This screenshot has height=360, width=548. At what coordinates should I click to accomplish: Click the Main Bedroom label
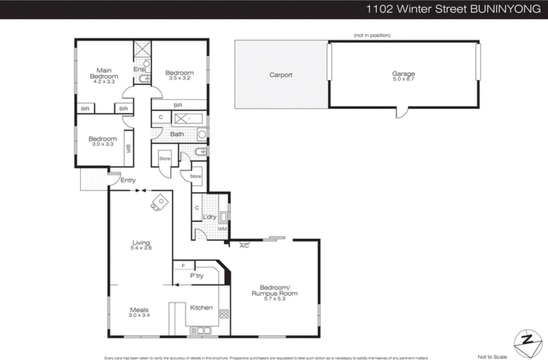(x=104, y=73)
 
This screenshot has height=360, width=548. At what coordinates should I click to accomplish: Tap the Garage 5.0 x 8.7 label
(x=403, y=76)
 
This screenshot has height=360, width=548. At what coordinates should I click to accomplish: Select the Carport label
(x=281, y=75)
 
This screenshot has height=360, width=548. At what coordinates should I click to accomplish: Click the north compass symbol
(x=528, y=343)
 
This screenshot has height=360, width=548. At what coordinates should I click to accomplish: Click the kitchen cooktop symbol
(x=224, y=314)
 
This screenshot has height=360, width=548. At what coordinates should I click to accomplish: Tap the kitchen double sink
(x=201, y=331)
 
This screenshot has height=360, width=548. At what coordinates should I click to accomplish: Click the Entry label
(x=128, y=180)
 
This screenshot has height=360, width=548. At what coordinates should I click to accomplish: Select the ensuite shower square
(x=142, y=49)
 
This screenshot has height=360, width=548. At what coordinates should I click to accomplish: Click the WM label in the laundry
(x=222, y=229)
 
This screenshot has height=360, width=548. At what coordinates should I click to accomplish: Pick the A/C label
(x=244, y=246)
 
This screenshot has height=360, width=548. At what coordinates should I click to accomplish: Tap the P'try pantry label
(x=197, y=276)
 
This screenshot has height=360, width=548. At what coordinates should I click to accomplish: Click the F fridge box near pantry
(x=184, y=266)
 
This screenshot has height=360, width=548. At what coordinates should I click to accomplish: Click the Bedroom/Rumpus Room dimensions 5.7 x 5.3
(x=275, y=299)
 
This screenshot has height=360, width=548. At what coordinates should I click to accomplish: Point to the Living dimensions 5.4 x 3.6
(x=141, y=248)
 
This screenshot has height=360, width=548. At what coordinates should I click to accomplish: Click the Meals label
(x=139, y=310)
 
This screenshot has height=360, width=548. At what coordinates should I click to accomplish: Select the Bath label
(x=177, y=134)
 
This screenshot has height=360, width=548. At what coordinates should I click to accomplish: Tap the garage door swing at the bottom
(x=402, y=113)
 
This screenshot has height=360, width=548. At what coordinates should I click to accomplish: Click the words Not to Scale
(x=492, y=357)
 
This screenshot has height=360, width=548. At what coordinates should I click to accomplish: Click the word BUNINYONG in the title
(x=506, y=9)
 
